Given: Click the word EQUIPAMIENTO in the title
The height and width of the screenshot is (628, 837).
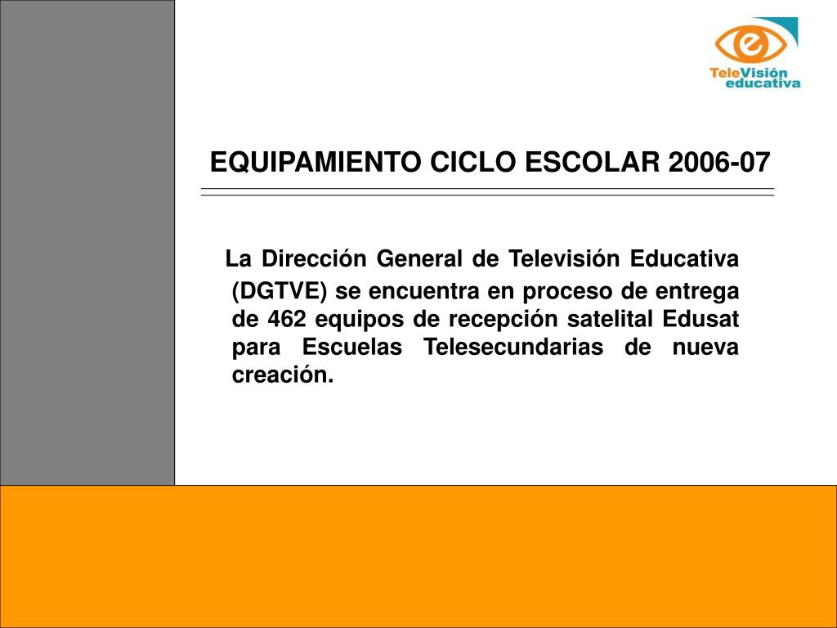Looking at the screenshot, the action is tap(316, 163).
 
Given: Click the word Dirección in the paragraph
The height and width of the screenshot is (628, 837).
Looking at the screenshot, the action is tap(314, 258).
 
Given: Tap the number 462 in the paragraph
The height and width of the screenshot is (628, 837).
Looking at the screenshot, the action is tap(287, 319).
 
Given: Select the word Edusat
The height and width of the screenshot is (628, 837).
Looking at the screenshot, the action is tap(700, 319).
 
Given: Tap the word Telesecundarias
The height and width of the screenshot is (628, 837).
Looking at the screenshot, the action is tap(513, 347).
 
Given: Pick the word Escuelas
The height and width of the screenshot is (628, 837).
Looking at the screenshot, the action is tap(352, 347).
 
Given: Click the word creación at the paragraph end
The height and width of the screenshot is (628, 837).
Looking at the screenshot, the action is tap(283, 375).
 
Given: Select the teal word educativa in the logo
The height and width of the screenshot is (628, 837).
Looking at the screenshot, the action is tap(763, 83).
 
